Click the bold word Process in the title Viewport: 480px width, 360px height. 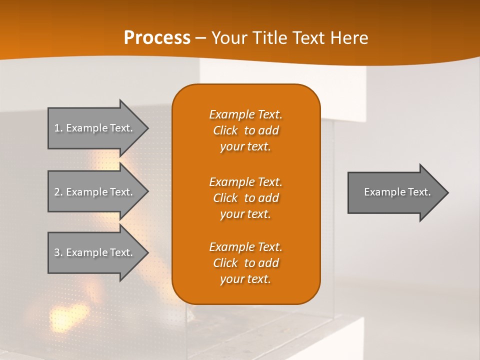click(x=157, y=38)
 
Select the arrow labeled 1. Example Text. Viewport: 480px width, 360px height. click(x=95, y=128)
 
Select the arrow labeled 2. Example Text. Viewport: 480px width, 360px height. click(x=95, y=192)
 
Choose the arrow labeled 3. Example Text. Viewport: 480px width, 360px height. click(x=95, y=252)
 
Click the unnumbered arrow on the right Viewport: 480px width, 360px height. click(x=395, y=192)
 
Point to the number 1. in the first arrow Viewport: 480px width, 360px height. click(x=58, y=128)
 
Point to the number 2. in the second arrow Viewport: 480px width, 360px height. click(x=58, y=192)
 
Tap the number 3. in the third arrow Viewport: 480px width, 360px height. click(x=58, y=252)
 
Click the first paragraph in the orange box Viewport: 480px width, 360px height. click(x=245, y=130)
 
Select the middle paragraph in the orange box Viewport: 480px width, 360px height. click(x=245, y=197)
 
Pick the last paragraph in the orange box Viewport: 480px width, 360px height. click(x=245, y=263)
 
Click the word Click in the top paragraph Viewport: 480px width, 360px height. click(x=225, y=130)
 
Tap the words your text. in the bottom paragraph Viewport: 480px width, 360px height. click(x=245, y=279)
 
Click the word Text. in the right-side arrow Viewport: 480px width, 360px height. click(x=419, y=192)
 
